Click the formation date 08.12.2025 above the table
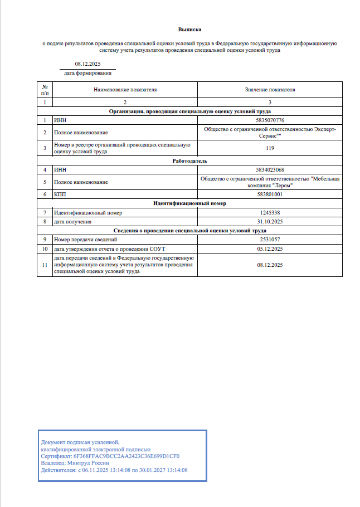[87, 64]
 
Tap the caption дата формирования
[87, 73]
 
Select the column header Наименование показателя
[125, 89]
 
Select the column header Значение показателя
[270, 89]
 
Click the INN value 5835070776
[270, 120]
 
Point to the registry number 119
[270, 148]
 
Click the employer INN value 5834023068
[270, 169]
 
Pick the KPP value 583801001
[270, 194]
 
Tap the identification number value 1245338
[270, 213]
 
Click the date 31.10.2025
[270, 221]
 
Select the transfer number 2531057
[270, 239]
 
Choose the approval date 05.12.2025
[270, 248]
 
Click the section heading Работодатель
[189, 160]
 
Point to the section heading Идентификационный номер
[189, 203]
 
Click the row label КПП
[60, 194]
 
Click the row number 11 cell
[45, 265]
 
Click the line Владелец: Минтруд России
[75, 462]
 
